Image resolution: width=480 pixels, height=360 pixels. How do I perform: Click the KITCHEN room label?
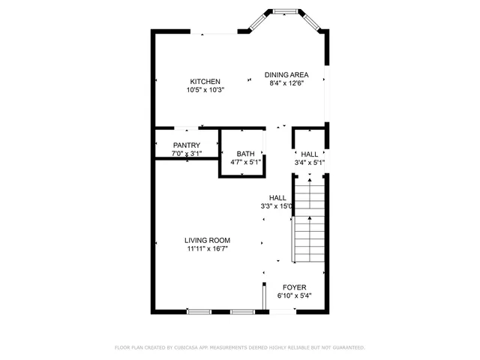(205, 82)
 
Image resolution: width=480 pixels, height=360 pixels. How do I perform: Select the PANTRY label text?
(187, 145)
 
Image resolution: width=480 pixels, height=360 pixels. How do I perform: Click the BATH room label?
(245, 154)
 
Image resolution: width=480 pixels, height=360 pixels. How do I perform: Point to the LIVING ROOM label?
(207, 240)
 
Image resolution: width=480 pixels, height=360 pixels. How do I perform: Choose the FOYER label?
(294, 287)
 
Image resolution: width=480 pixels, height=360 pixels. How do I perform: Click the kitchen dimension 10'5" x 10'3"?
(205, 90)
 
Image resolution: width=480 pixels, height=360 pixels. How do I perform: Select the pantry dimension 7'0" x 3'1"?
(187, 154)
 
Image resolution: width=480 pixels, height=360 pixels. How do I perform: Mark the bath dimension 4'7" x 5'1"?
(245, 162)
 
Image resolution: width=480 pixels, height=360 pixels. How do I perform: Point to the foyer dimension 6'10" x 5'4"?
(294, 295)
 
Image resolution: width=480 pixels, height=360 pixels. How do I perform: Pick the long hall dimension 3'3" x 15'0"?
(277, 205)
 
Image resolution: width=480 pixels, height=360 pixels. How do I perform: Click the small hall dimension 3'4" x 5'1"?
(310, 162)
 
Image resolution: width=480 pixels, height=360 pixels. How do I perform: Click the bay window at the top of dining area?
(283, 12)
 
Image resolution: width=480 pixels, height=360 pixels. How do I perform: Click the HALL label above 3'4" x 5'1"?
(310, 154)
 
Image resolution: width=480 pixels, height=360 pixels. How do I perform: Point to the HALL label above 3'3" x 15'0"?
(277, 197)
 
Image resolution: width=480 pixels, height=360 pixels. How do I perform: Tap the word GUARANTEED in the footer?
(347, 348)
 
